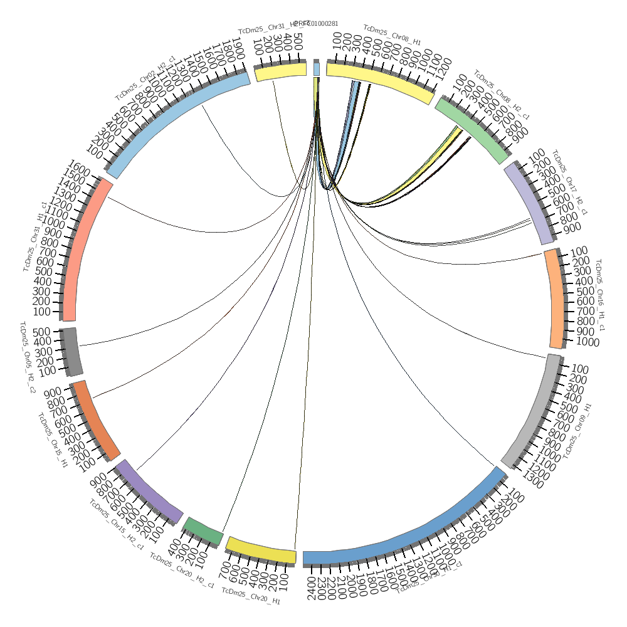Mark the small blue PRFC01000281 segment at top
317,68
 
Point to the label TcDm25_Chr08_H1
392,34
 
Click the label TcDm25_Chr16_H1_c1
600,295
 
